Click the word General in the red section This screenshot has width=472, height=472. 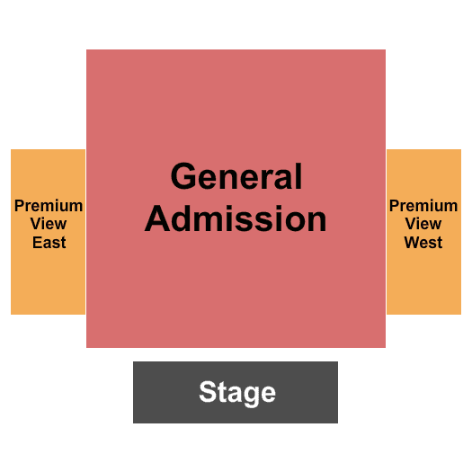(236, 176)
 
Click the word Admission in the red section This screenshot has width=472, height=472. (236, 218)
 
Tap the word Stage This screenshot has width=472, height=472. (237, 393)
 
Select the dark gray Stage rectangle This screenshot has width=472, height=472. (236, 392)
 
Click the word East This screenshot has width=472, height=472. (49, 243)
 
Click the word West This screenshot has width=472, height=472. (423, 243)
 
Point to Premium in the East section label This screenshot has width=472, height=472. (49, 206)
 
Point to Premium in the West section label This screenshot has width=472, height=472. (423, 206)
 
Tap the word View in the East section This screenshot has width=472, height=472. (49, 224)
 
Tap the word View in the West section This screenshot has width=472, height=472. (423, 224)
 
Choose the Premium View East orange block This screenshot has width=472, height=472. (49, 232)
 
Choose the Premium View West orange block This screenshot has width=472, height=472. (423, 232)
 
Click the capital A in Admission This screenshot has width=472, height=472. (157, 218)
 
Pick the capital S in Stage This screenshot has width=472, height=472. (208, 391)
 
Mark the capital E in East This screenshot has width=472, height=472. (37, 243)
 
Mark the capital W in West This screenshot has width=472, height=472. (412, 243)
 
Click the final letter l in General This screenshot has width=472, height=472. (298, 176)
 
